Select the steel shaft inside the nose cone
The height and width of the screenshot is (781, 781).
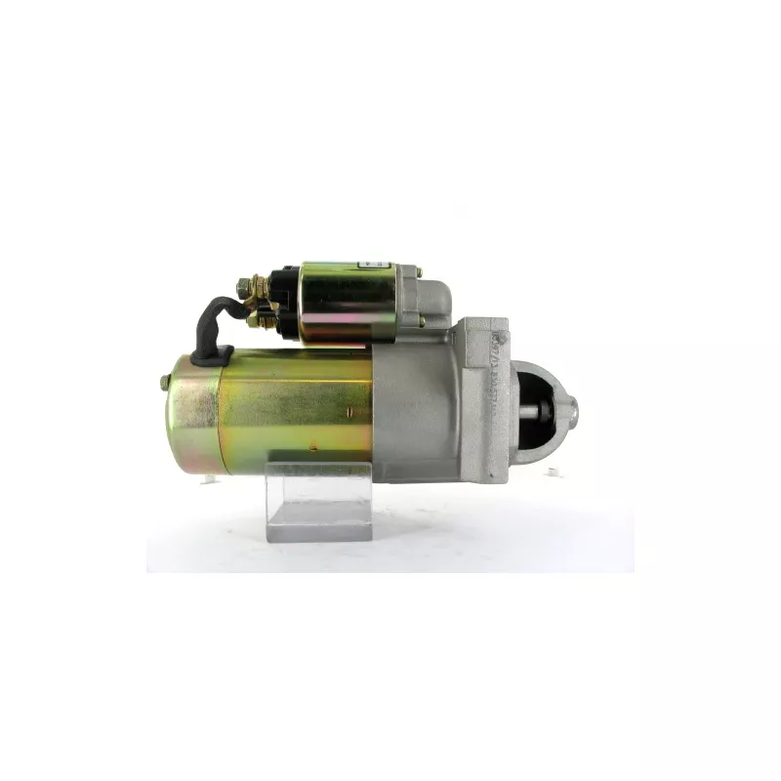537,411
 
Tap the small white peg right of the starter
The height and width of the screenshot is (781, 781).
554,473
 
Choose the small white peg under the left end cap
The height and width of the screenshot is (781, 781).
208,478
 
